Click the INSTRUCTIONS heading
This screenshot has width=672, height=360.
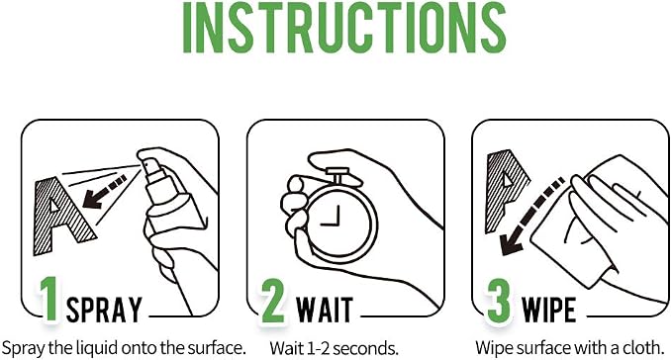tap(344, 27)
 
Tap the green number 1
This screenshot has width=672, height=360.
tap(49, 299)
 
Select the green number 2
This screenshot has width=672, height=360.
tap(272, 301)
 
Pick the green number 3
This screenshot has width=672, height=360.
tap(500, 301)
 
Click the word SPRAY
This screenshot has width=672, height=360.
tap(104, 309)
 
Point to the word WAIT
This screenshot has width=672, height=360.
tap(325, 309)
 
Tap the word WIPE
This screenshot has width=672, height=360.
tap(548, 309)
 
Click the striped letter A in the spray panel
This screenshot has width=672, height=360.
tap(60, 215)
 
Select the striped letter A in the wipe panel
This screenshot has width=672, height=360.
tap(506, 188)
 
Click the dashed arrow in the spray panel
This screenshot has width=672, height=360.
tap(104, 191)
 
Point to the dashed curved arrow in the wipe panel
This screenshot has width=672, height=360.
tap(528, 218)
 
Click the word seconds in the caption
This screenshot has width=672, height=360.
tap(365, 348)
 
